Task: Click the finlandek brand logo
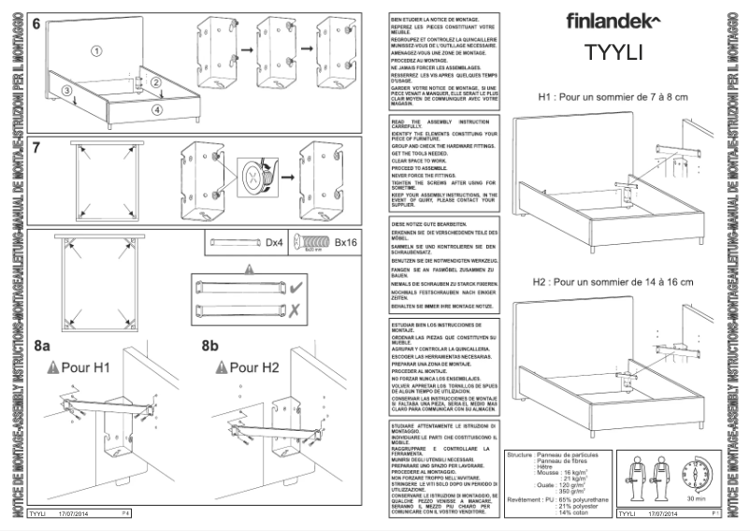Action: [613, 20]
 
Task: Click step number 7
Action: [36, 147]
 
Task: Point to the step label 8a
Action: [42, 346]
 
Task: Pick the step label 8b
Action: [209, 346]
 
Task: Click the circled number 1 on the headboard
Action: [95, 49]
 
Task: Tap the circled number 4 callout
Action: [157, 109]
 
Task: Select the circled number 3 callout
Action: [67, 91]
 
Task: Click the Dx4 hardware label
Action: [274, 243]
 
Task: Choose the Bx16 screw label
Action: [346, 243]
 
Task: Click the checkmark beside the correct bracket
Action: [296, 286]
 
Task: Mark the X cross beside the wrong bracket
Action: [296, 309]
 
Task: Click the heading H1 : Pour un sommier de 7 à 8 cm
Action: [613, 97]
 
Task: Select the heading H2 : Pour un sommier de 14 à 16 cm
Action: [613, 281]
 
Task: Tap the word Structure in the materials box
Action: [519, 454]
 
